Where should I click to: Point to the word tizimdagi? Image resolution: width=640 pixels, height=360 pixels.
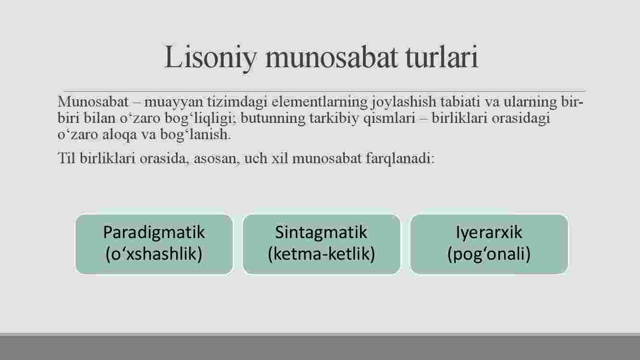point(238,102)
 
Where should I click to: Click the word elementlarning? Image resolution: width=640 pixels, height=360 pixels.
point(319,102)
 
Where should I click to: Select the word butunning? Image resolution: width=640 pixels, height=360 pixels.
point(273,119)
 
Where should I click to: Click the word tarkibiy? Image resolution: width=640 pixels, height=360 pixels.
point(334,119)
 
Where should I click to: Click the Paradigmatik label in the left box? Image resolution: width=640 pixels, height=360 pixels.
point(154,233)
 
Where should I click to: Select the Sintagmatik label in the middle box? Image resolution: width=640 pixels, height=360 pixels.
point(321,233)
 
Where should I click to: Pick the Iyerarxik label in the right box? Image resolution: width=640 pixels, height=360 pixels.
point(489,233)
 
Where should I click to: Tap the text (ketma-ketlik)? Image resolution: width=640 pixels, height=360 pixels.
point(321,254)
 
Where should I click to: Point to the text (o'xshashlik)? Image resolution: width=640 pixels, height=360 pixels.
point(154,254)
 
